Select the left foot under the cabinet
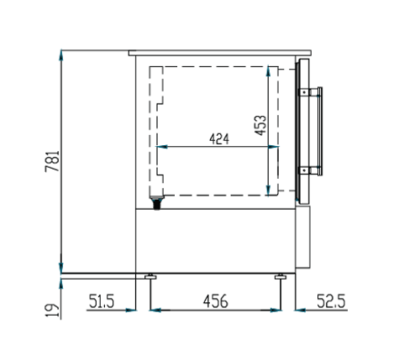(x=150, y=276)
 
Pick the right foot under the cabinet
(x=281, y=276)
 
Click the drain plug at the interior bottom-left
(x=155, y=201)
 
